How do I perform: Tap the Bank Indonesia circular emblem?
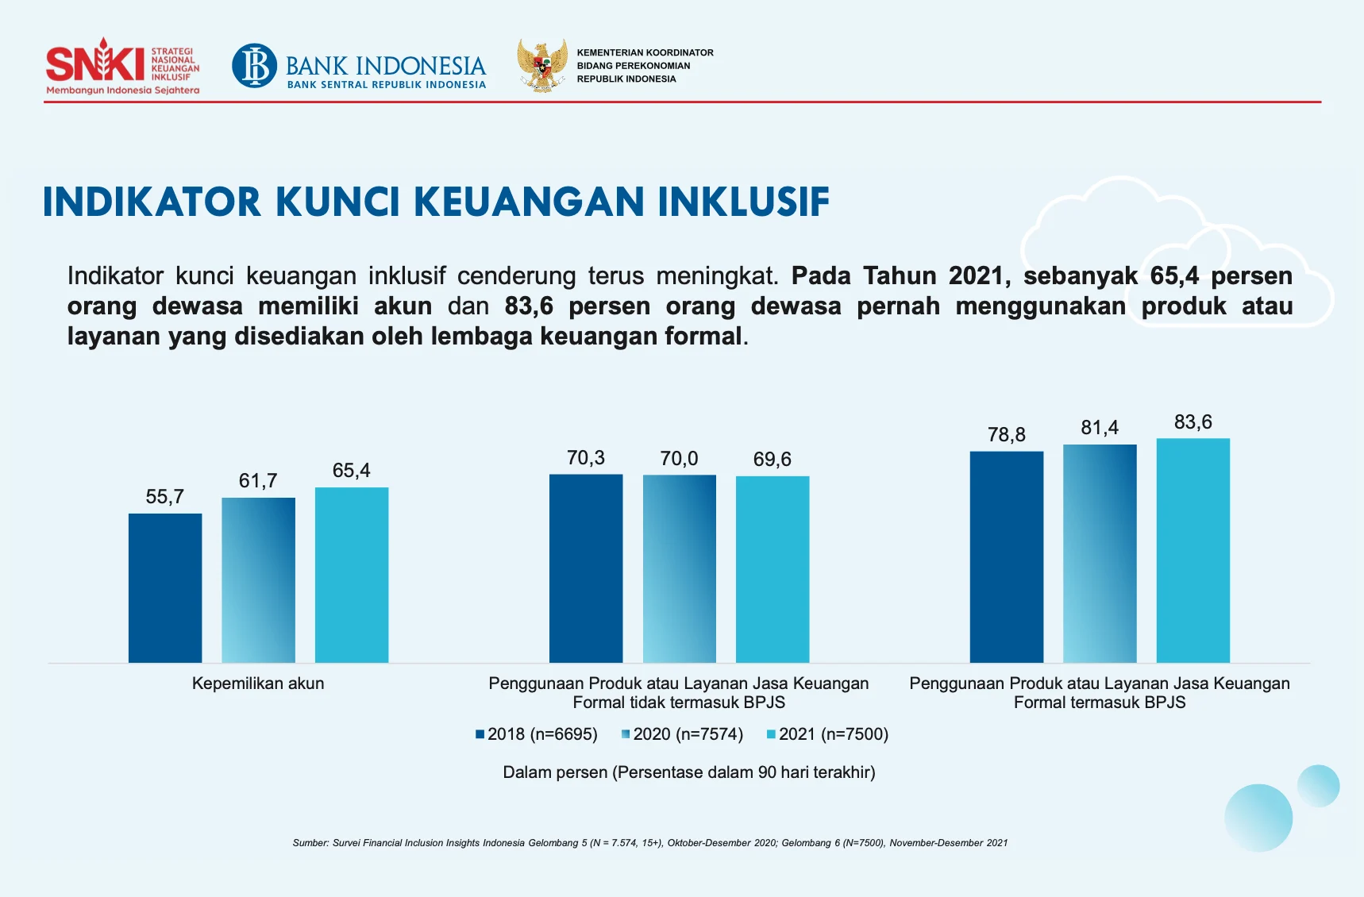click(255, 65)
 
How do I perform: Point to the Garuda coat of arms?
click(542, 65)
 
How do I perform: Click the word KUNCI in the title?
click(337, 202)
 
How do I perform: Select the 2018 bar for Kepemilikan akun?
click(165, 587)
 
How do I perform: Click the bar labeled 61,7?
click(258, 579)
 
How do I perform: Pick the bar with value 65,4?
click(352, 575)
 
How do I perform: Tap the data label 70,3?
click(586, 458)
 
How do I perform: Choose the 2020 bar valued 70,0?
click(680, 568)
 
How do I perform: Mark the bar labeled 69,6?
click(773, 569)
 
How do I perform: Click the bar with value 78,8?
click(1007, 556)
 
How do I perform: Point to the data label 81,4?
click(1100, 428)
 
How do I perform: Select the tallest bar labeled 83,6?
click(1193, 550)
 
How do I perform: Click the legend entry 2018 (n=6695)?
click(537, 734)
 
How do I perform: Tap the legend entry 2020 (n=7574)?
click(683, 734)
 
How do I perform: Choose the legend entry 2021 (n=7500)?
click(827, 734)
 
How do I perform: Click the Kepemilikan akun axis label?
click(258, 683)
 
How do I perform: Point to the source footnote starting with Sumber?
click(649, 843)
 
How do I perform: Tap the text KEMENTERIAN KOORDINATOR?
click(645, 52)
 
